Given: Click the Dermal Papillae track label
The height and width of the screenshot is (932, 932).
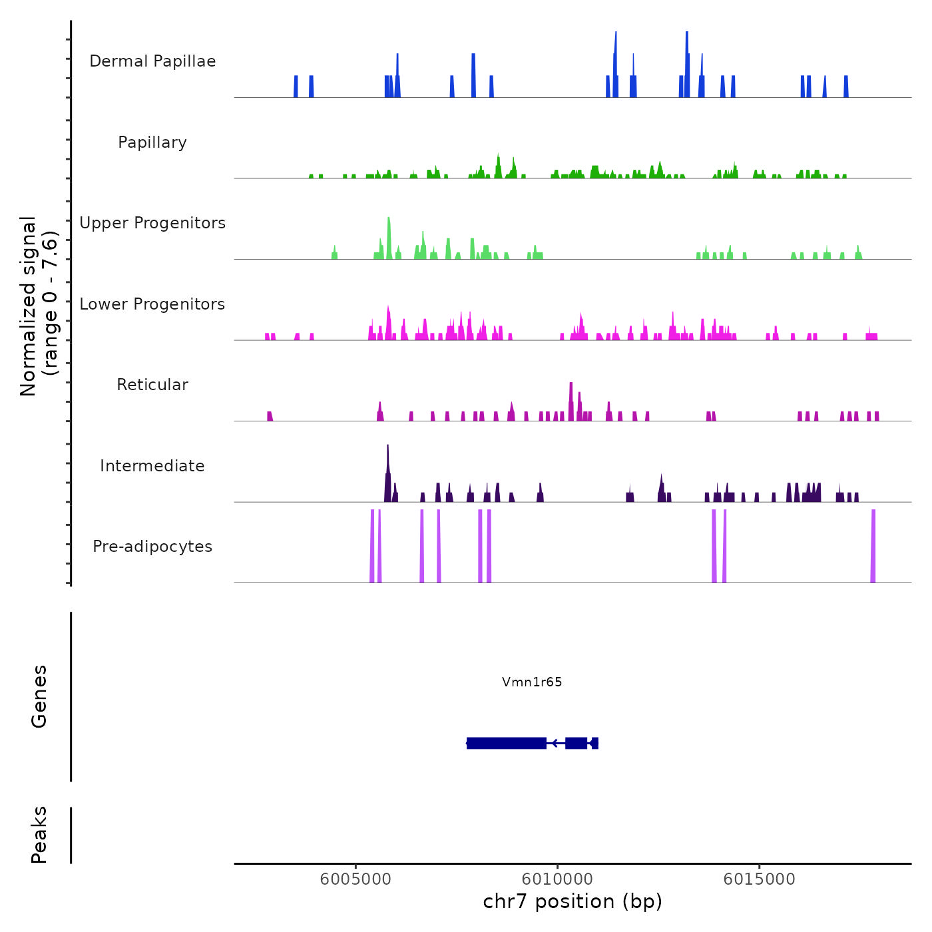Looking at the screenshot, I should [x=152, y=61].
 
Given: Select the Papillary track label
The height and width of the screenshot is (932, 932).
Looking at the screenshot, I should [x=152, y=142].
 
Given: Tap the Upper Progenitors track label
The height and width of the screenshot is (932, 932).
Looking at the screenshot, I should [x=152, y=223].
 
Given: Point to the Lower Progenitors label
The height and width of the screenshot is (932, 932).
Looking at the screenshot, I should [x=152, y=304].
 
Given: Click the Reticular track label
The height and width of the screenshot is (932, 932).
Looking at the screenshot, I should [x=152, y=385].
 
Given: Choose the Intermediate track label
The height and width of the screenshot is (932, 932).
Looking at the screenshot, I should [x=152, y=466].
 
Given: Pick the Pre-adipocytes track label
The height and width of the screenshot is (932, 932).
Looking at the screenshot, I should [x=152, y=547].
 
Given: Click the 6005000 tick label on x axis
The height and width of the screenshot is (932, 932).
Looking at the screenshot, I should [x=355, y=879].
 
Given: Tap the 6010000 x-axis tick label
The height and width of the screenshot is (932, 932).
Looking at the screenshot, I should [x=557, y=879].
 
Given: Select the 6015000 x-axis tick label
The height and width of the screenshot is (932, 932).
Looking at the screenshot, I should [x=759, y=879].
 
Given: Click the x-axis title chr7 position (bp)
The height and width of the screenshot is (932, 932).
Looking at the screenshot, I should [x=573, y=901].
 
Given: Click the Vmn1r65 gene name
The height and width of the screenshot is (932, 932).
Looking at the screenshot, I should [x=532, y=682].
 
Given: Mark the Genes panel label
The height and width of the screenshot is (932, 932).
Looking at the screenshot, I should [x=39, y=696].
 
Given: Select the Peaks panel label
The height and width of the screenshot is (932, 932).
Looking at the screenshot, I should [x=39, y=835].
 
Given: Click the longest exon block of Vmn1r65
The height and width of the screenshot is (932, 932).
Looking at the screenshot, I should [x=507, y=743].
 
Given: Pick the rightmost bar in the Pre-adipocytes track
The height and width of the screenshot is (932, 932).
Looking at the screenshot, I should [x=873, y=546].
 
